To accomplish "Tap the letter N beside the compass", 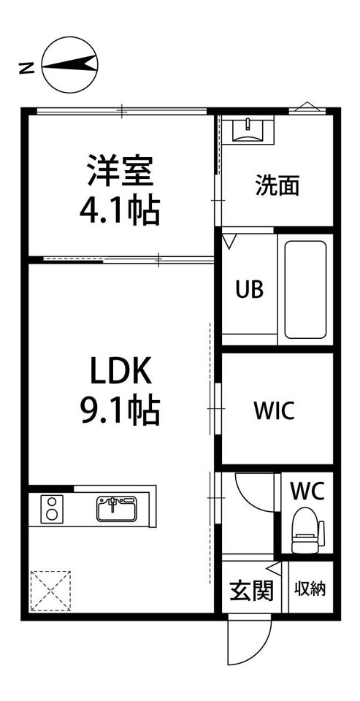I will point(26,69).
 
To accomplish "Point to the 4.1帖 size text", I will point(120,211).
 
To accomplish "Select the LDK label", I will point(120,373).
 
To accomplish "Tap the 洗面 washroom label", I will point(277,185).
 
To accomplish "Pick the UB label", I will point(249,289).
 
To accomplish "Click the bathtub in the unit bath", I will point(304,289).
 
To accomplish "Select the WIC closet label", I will point(275,410).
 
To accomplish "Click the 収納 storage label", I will point(310,589).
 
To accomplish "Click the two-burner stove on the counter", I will point(52,508).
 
